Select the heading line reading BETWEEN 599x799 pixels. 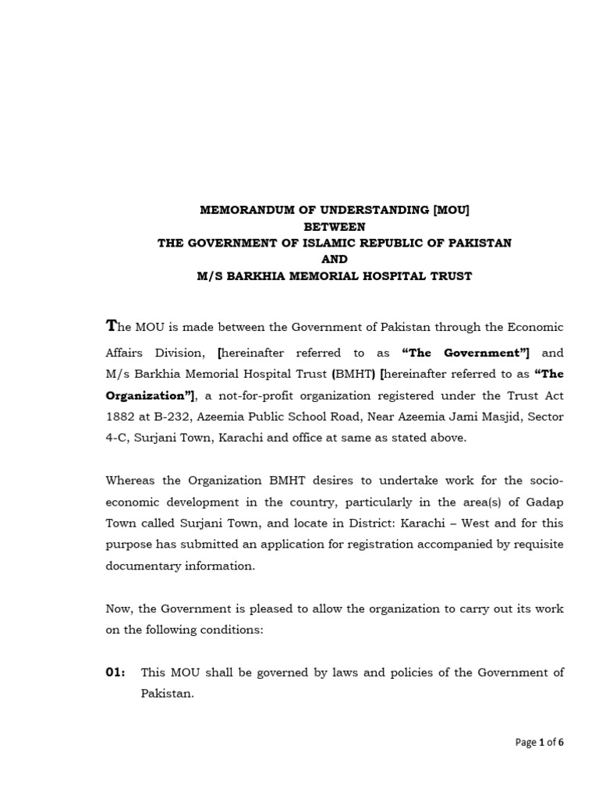click(x=335, y=226)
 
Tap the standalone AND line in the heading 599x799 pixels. click(x=335, y=259)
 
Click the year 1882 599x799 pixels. click(x=121, y=417)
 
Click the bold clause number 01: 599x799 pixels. click(x=116, y=672)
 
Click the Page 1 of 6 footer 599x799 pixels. click(x=539, y=742)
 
